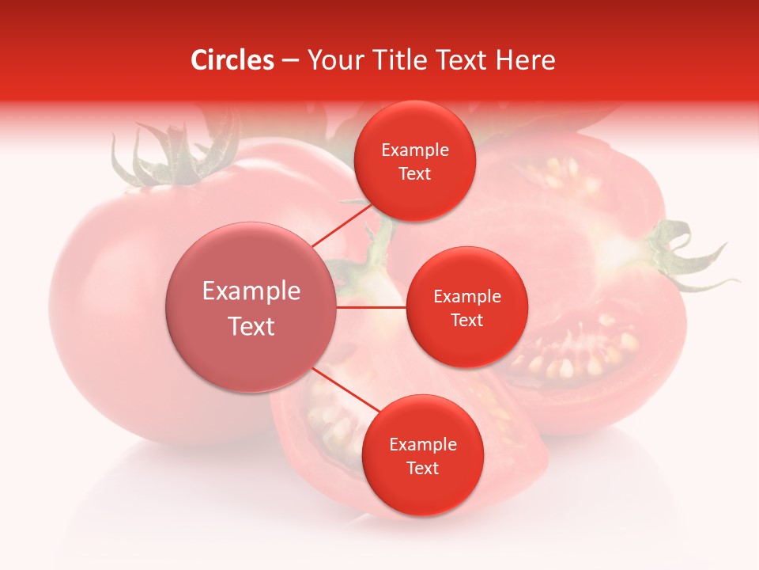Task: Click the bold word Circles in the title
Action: tap(232, 60)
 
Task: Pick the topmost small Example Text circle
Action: tap(414, 161)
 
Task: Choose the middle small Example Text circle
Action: tap(466, 307)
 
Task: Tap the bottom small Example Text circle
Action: tap(422, 455)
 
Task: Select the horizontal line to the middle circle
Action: tap(372, 306)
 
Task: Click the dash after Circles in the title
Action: tap(289, 60)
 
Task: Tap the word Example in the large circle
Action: tap(251, 291)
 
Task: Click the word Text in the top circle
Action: tap(414, 173)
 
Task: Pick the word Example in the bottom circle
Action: tap(422, 445)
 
